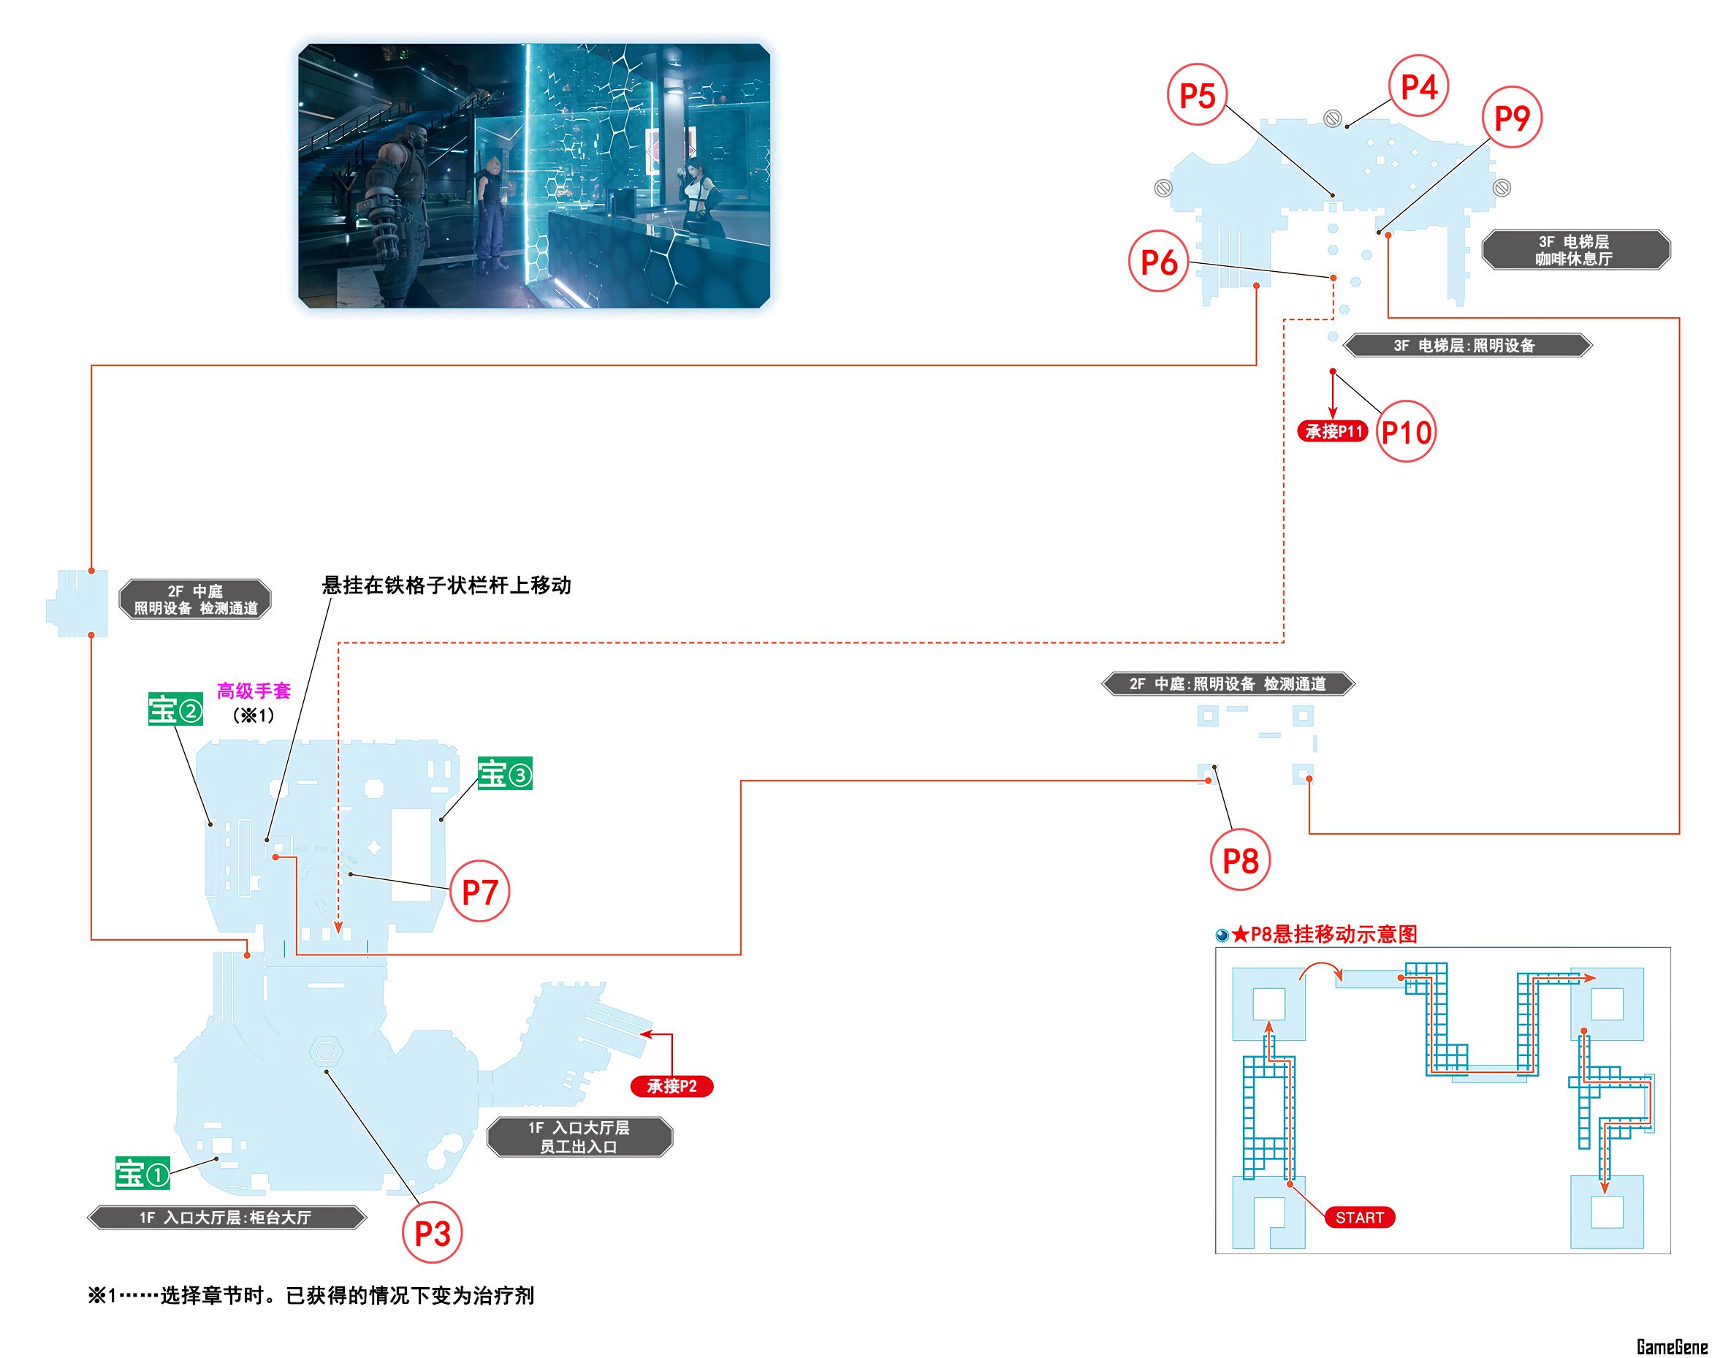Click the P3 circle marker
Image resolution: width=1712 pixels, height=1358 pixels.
pyautogui.click(x=432, y=1232)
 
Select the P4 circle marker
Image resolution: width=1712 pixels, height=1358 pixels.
pyautogui.click(x=1418, y=86)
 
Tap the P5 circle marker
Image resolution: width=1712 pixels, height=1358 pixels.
pyautogui.click(x=1198, y=95)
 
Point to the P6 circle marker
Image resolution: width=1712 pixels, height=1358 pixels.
pyautogui.click(x=1159, y=261)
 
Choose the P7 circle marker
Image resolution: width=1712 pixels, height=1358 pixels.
pyautogui.click(x=479, y=892)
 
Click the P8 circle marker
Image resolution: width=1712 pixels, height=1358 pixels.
pyautogui.click(x=1240, y=860)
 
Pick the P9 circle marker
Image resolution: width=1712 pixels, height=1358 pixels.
pyautogui.click(x=1512, y=118)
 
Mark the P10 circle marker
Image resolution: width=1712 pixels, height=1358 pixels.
pyautogui.click(x=1406, y=432)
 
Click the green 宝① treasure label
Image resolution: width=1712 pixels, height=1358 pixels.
pyautogui.click(x=143, y=1173)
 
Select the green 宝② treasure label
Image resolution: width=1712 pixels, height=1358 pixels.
pyautogui.click(x=175, y=709)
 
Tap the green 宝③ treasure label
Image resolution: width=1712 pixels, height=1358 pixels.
pyautogui.click(x=505, y=773)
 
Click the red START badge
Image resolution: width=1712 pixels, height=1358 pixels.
pyautogui.click(x=1359, y=1218)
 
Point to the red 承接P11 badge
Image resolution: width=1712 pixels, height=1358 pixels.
pyautogui.click(x=1333, y=431)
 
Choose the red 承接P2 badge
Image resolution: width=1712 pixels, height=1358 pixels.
pyautogui.click(x=672, y=1085)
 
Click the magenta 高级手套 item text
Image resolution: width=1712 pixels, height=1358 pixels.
pyautogui.click(x=254, y=691)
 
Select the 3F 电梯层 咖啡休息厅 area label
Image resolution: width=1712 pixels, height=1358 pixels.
pyautogui.click(x=1575, y=250)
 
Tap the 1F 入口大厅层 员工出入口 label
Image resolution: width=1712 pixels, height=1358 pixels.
pyautogui.click(x=579, y=1137)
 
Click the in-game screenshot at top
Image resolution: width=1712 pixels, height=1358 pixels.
pyautogui.click(x=533, y=175)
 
